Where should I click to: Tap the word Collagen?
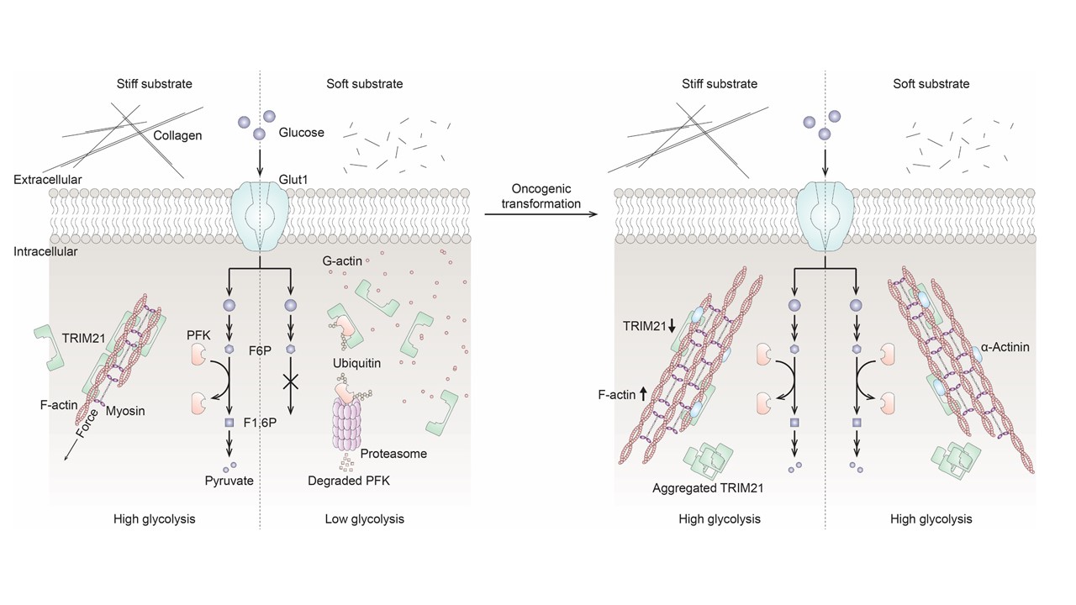[x=177, y=135]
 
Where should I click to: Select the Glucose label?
[x=303, y=132]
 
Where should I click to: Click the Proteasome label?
[x=393, y=454]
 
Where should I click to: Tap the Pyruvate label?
[x=229, y=481]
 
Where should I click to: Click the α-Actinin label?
[x=1006, y=346]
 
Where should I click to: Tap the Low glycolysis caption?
[x=364, y=519]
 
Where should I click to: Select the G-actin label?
[x=342, y=261]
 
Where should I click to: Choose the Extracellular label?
[x=48, y=180]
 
